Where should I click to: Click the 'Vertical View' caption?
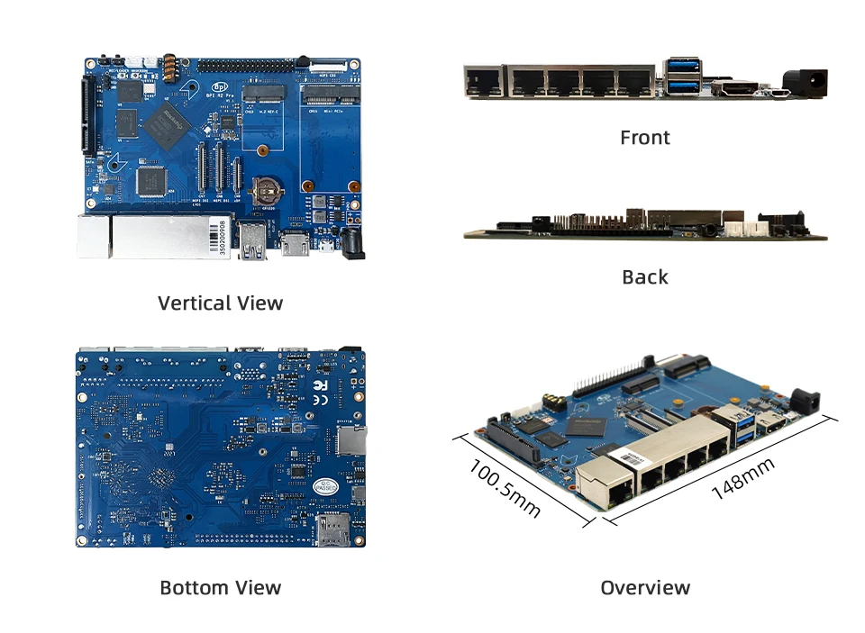click(220, 303)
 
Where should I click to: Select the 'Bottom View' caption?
click(220, 588)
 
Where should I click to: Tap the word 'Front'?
click(645, 138)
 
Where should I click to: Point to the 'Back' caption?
click(645, 276)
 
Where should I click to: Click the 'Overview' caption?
click(645, 588)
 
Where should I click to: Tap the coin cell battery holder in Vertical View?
click(266, 187)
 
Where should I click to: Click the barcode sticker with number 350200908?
click(223, 237)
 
